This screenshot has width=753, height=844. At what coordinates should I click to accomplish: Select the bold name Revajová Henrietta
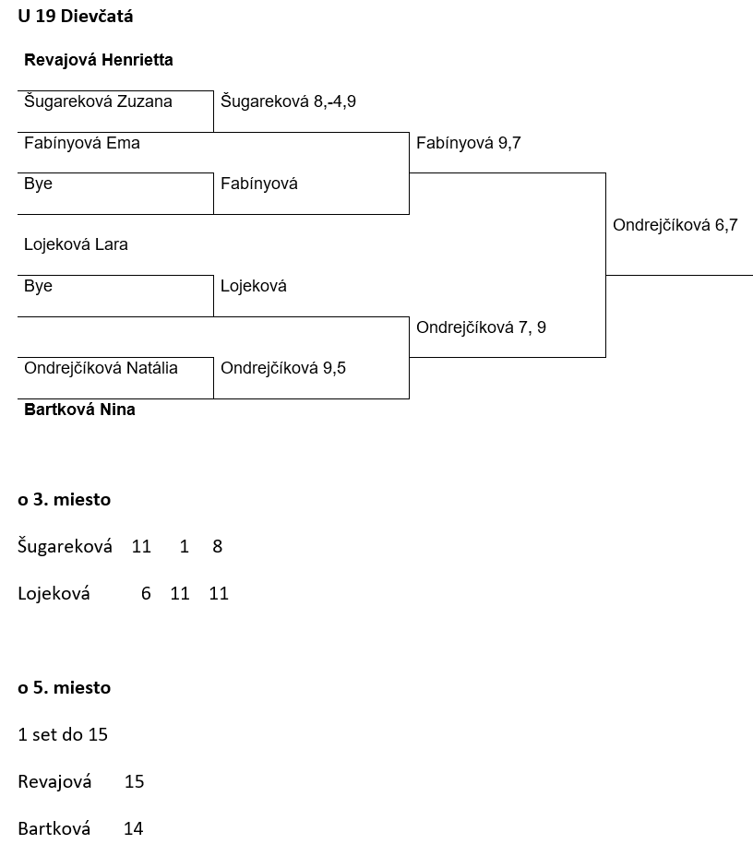point(98,60)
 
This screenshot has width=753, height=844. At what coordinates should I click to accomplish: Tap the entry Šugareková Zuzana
point(98,101)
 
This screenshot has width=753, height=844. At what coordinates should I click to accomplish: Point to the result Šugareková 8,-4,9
point(288,101)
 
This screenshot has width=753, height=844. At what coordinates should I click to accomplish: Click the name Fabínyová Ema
point(82,143)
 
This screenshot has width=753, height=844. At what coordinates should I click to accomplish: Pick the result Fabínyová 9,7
point(469,143)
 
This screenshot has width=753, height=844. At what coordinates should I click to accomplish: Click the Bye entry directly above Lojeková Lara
point(38,184)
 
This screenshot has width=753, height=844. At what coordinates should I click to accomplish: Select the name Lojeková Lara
point(76,244)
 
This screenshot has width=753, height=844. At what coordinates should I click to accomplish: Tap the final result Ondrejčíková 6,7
point(675,225)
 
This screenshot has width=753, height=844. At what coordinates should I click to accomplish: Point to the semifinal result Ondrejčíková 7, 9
point(481,327)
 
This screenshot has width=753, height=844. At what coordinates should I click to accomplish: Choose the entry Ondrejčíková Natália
point(101,368)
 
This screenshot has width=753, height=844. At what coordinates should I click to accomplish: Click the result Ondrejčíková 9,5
point(283,368)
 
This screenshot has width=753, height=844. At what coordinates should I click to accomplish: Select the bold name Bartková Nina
point(79,410)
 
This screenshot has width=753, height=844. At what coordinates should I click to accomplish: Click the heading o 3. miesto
point(64,500)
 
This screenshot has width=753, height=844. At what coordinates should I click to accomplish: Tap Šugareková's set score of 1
point(185,547)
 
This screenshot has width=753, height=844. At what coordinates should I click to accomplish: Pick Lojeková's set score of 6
point(146,594)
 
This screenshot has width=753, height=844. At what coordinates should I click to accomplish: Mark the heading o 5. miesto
point(64,688)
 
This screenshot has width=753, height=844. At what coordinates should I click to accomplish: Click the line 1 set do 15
point(63,735)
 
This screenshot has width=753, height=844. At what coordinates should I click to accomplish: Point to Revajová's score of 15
point(134,782)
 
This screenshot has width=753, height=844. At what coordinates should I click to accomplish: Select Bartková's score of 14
point(133,829)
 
